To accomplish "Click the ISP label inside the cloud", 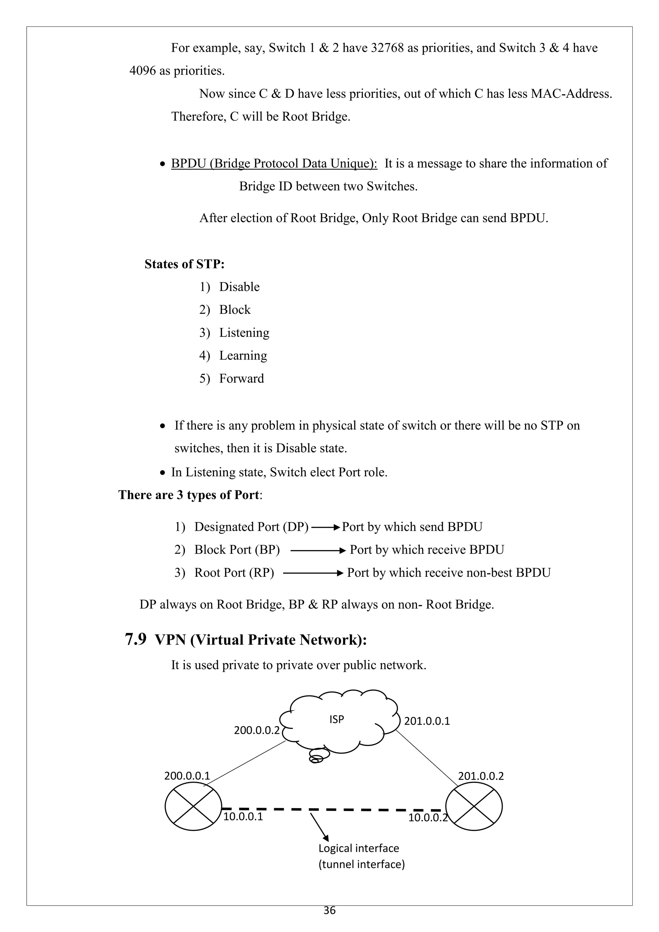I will (336, 719).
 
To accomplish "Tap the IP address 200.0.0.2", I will (257, 730).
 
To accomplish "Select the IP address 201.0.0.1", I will (427, 721).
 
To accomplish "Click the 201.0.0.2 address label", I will (481, 776).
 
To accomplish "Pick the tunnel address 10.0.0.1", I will (243, 816).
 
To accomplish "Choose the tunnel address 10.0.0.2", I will (428, 817).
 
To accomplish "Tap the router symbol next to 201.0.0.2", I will (474, 806).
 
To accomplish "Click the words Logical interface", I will (359, 848).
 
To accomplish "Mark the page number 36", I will (329, 910).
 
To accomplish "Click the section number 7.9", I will (135, 640).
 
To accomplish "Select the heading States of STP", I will (185, 264).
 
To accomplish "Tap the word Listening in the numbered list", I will (244, 333).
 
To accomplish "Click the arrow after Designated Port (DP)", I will (325, 527).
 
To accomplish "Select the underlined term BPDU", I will (188, 163).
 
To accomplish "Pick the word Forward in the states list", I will (241, 379).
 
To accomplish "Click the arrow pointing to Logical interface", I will (319, 826).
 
